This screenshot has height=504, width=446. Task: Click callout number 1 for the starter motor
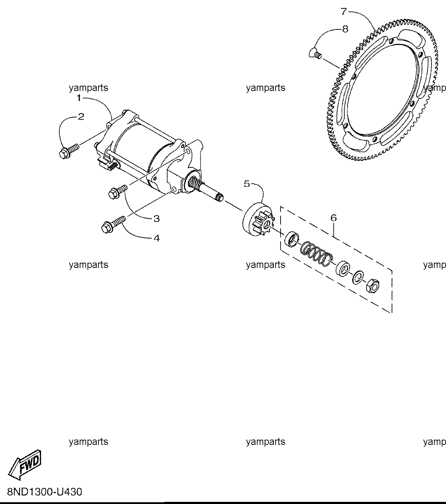coord(79,98)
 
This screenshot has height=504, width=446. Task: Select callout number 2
coord(81,117)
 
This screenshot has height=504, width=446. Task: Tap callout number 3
coord(156,219)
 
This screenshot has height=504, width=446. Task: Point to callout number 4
coord(156,238)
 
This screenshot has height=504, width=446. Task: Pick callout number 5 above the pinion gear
coord(247,184)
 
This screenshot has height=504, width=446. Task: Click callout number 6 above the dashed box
coord(333,218)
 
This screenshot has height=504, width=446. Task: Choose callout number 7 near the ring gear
coord(344,11)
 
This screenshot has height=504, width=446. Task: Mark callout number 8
coord(345,29)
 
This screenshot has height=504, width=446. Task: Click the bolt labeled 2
coord(69,150)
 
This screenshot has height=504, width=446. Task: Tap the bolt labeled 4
coord(114,225)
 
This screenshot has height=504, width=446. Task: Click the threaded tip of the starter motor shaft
coord(219,198)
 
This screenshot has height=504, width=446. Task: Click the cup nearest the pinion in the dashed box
coord(291,239)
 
